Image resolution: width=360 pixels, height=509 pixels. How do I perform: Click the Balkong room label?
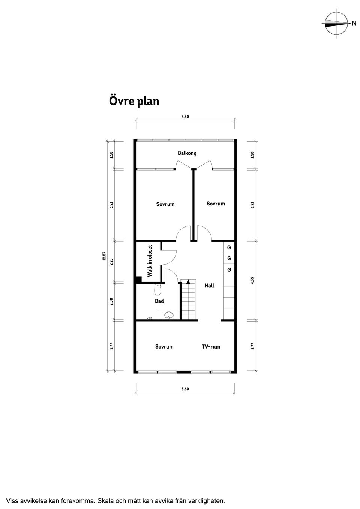(187, 153)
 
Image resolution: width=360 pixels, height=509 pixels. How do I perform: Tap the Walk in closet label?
(149, 260)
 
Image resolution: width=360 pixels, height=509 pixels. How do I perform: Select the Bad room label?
(159, 301)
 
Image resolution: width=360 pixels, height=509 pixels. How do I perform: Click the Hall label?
(209, 286)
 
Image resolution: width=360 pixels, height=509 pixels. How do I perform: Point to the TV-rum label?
(211, 347)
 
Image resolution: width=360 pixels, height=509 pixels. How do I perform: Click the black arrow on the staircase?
(188, 281)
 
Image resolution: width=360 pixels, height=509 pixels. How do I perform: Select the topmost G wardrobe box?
(229, 247)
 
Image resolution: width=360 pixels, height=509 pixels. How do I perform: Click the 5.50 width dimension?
(185, 117)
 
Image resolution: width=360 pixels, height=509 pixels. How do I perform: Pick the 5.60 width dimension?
(185, 389)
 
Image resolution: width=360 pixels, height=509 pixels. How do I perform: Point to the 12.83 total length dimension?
(104, 256)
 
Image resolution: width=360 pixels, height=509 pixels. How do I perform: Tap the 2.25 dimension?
(111, 262)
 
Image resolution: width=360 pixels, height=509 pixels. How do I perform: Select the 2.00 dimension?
(111, 301)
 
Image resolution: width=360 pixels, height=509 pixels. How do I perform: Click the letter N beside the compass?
(354, 23)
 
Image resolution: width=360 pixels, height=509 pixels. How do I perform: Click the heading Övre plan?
(134, 101)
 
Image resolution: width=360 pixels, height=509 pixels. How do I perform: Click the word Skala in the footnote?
(105, 500)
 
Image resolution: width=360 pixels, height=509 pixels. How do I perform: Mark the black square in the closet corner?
(139, 279)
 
